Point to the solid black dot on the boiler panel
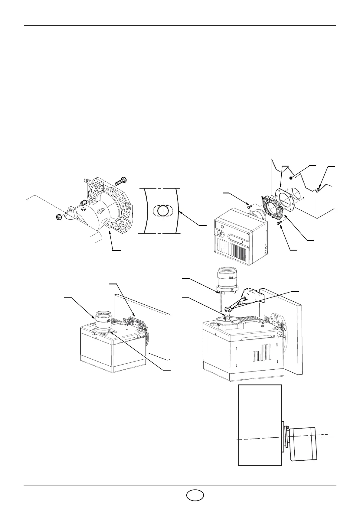click(x=291, y=178)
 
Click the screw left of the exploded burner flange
click(x=250, y=207)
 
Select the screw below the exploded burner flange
click(x=279, y=223)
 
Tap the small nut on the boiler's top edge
click(x=319, y=190)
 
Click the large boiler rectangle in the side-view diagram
click(x=260, y=429)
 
